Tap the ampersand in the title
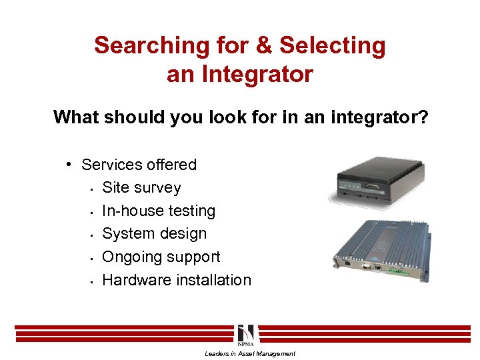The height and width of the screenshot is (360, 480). (265, 46)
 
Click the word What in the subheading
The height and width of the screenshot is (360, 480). (76, 117)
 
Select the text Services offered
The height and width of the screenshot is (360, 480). (139, 165)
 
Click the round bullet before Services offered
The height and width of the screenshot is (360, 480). (69, 165)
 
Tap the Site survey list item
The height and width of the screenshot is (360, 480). (141, 188)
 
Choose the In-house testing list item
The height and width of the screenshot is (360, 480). (159, 211)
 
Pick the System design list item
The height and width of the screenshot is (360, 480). (154, 234)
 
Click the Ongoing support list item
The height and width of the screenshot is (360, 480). (161, 257)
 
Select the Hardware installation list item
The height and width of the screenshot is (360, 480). (177, 280)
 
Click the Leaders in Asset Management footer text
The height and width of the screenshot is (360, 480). (249, 354)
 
